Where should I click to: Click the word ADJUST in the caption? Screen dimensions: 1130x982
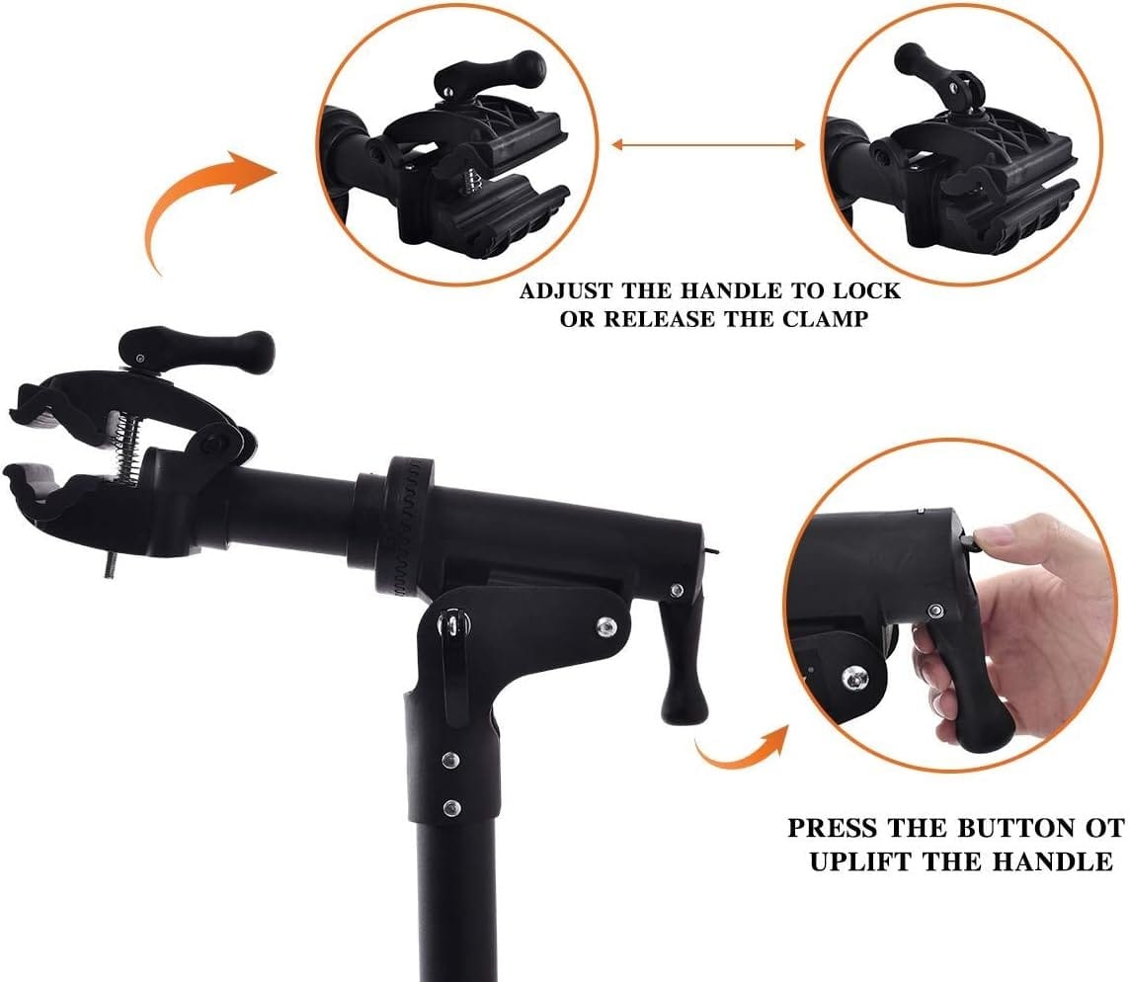(x=566, y=291)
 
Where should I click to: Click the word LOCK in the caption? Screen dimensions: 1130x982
(x=866, y=291)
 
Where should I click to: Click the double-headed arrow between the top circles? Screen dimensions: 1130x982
(x=708, y=145)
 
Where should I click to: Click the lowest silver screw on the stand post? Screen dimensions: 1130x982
(x=451, y=807)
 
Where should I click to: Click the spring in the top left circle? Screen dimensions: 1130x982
(x=472, y=180)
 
